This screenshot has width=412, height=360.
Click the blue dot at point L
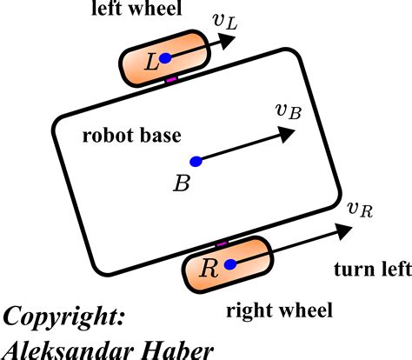click(x=165, y=58)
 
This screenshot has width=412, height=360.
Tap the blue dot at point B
click(x=196, y=161)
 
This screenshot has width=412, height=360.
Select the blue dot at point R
click(x=229, y=264)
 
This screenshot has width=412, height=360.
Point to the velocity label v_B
click(x=288, y=110)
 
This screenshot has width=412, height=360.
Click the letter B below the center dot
click(x=182, y=183)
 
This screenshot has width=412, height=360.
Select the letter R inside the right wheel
click(x=209, y=267)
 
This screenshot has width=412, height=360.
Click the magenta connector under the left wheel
click(x=171, y=81)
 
